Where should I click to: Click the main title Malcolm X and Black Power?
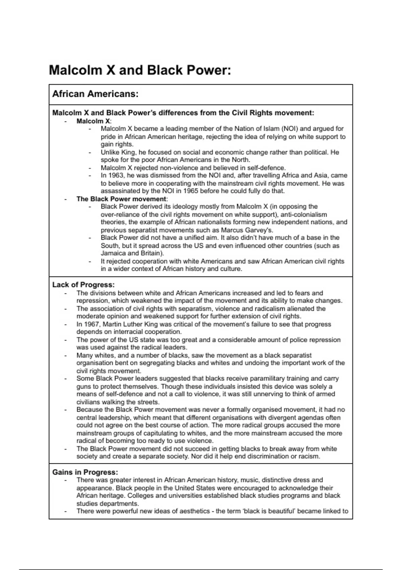tap(140, 70)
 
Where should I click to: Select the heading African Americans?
tap(95, 94)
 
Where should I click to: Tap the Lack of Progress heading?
tap(83, 285)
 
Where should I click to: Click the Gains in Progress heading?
tap(85, 472)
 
